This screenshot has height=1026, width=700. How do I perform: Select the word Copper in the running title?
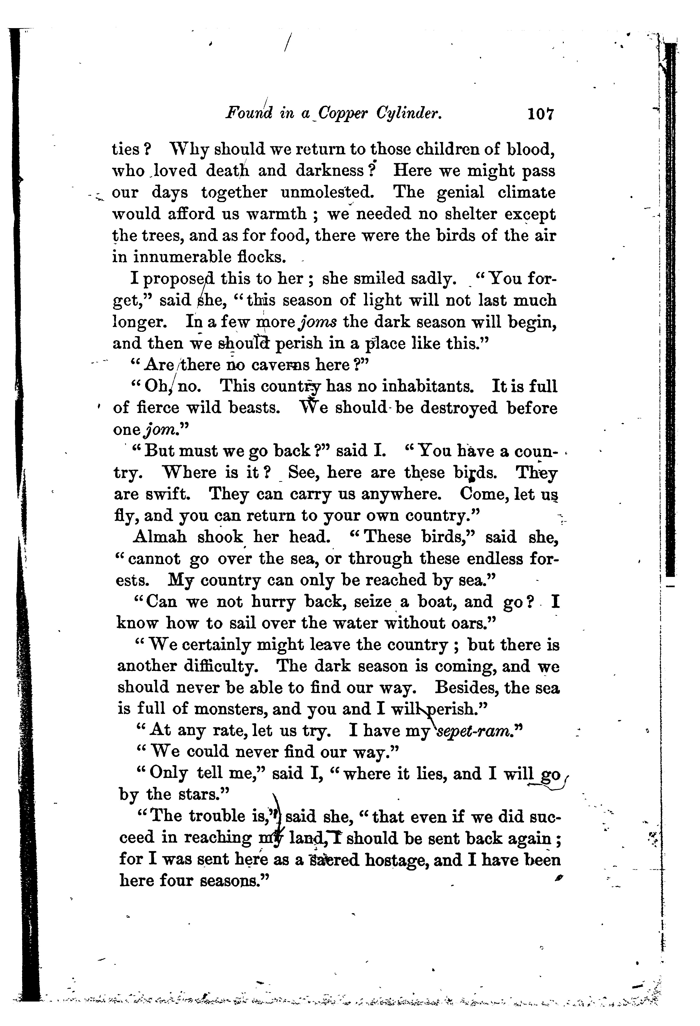[343, 115]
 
